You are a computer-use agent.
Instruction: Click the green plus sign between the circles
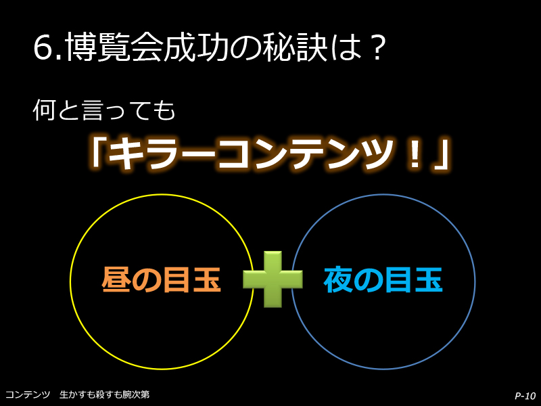273,279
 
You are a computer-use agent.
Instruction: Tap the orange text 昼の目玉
161,279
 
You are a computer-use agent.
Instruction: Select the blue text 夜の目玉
383,279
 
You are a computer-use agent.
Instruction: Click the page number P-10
525,396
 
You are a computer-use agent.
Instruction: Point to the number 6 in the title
44,47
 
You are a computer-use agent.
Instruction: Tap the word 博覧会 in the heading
114,47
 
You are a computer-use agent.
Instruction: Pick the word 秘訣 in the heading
294,47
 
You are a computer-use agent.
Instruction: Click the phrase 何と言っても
104,110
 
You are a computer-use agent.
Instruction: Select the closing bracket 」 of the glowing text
441,156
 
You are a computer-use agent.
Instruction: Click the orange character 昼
116,279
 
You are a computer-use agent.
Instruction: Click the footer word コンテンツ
28,394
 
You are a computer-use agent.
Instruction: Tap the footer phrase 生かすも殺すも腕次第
105,394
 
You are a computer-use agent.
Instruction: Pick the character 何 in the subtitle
44,110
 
